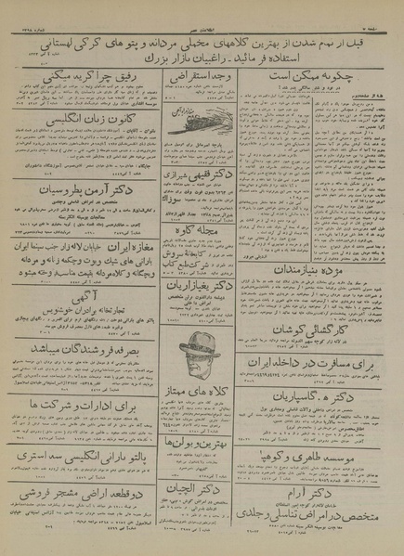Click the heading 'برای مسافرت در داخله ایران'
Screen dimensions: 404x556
tap(316, 363)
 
